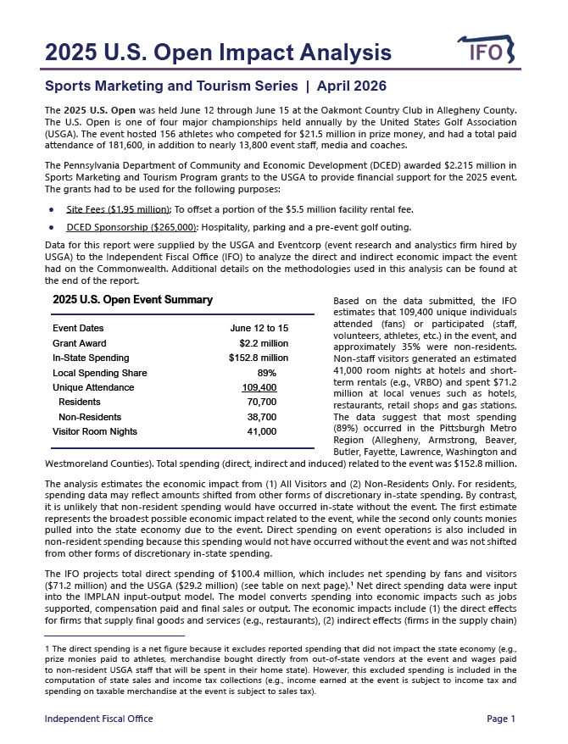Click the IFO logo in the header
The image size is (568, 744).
[489, 52]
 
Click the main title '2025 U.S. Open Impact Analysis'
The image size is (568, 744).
[218, 53]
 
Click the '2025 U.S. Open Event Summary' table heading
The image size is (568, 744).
[132, 300]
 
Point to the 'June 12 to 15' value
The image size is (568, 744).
[259, 328]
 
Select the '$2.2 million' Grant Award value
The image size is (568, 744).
[264, 343]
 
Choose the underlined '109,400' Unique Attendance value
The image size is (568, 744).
[259, 387]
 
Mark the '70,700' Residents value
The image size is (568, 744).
[260, 402]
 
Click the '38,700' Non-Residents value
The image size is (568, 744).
[260, 417]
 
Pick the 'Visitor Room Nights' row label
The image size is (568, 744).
[95, 431]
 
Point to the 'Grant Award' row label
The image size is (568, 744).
[80, 343]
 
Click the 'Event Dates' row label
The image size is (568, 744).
[78, 328]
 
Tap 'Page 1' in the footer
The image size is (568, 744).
[501, 719]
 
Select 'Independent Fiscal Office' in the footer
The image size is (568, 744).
[98, 719]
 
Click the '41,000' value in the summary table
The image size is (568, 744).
[261, 431]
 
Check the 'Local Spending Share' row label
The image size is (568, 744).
[99, 373]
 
